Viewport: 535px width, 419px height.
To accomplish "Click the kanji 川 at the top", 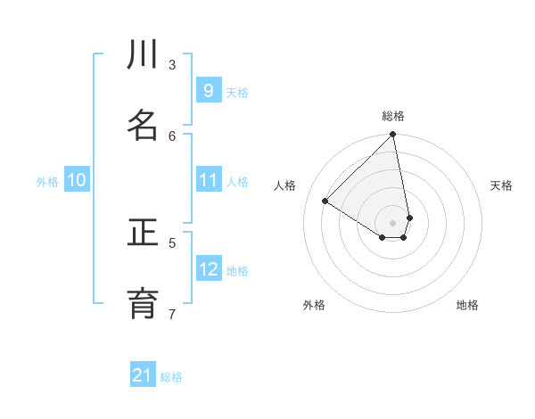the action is pos(143,56).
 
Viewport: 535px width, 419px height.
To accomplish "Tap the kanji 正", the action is pos(143,234).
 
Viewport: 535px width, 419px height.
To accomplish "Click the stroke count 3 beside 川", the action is pos(172,64).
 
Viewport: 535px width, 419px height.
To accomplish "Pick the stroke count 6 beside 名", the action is pos(172,135).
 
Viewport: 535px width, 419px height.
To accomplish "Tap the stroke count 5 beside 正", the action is pos(172,242).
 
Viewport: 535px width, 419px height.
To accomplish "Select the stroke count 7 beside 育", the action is pos(172,313).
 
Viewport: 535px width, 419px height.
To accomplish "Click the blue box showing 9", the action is pos(209,91).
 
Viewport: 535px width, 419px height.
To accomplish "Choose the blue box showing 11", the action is pos(209,180).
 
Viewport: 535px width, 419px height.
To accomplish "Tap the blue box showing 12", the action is pos(209,269).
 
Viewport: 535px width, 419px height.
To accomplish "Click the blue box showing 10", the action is pos(77,180).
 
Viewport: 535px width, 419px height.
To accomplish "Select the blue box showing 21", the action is pos(143,375).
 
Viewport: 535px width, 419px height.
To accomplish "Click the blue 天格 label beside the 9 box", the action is pos(237,92).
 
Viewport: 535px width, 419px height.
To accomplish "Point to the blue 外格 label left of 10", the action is pos(47,182).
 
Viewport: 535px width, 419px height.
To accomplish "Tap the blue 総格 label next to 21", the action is pos(171,377).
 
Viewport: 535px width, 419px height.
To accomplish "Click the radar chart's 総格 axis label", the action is pos(393,116).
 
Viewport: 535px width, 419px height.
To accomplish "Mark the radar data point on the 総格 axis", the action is pos(393,135).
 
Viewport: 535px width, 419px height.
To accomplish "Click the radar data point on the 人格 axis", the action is pos(325,201).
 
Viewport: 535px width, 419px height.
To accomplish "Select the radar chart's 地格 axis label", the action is pos(467,306).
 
